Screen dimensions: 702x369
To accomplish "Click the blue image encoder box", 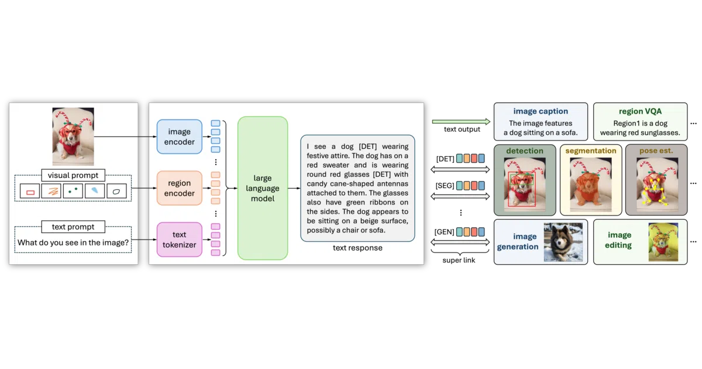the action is [179, 136].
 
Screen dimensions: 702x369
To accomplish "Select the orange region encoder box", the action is [179, 188].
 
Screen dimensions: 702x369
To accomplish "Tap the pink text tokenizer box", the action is [179, 240].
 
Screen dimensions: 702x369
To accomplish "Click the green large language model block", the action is [263, 188].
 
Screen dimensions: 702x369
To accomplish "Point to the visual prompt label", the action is [73, 175].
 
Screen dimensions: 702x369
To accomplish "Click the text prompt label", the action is [73, 227].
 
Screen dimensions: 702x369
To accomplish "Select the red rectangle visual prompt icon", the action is [30, 191].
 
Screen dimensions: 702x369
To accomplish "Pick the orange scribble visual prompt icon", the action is [51, 191].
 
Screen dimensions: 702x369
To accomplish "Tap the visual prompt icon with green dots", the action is [73, 191].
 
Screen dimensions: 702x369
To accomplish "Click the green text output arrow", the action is [461, 121].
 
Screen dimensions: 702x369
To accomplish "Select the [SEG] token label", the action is [445, 186].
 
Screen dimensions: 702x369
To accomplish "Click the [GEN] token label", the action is [444, 232].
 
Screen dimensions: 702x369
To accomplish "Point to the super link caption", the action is [459, 260].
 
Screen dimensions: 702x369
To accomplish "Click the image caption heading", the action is [541, 111].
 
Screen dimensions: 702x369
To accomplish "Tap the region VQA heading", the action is [640, 111].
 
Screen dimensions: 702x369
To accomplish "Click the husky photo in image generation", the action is [563, 242].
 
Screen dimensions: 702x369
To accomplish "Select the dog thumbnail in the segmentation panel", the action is [591, 184].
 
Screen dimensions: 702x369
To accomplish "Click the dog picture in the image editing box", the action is [663, 242].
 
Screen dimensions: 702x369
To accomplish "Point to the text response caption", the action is [357, 248].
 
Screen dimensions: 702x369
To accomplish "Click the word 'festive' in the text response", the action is [318, 156].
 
